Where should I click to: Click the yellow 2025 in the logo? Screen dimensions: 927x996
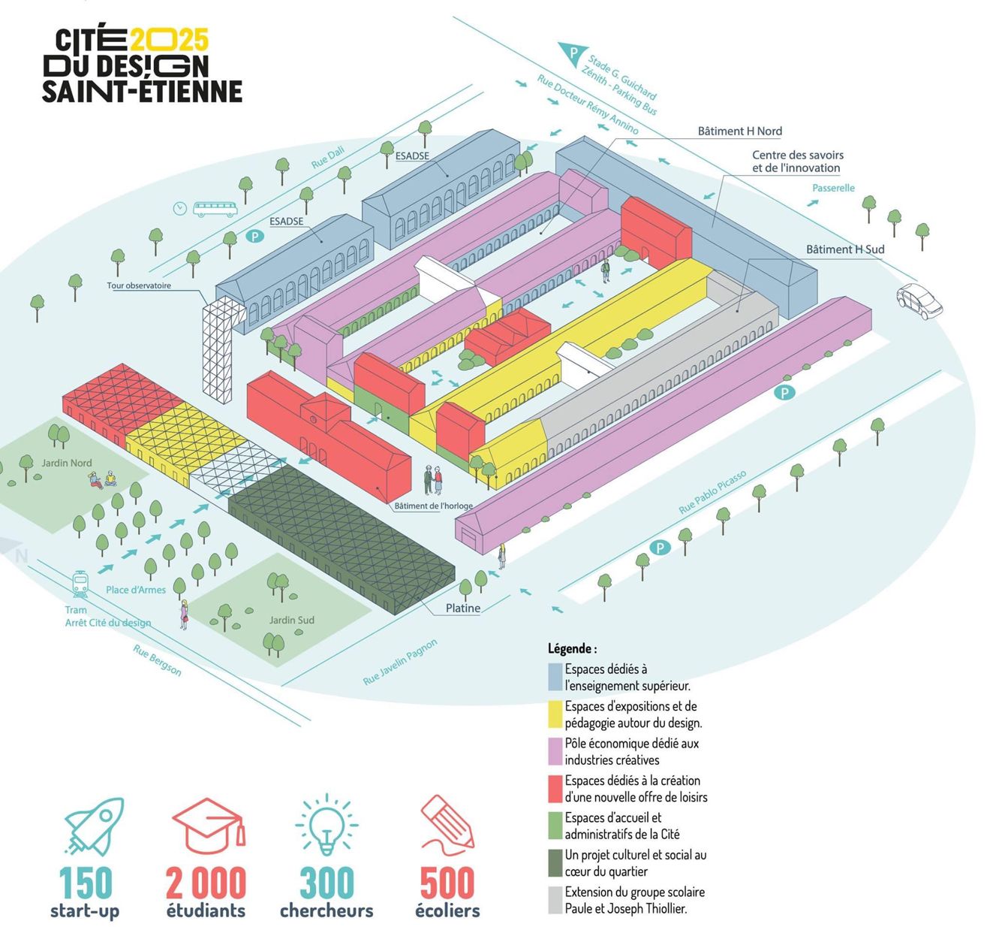pos(169,39)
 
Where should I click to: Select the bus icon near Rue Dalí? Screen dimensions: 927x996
pos(215,209)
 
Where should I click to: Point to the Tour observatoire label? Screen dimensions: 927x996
pos(139,285)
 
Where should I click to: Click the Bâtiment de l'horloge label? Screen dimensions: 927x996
pos(434,506)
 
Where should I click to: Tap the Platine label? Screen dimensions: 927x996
pos(462,608)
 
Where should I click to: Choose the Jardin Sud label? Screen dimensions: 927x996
pos(292,620)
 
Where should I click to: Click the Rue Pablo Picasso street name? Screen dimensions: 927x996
pos(712,492)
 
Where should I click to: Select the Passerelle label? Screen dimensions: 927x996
pos(833,188)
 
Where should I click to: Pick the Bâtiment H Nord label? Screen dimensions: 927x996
pos(739,131)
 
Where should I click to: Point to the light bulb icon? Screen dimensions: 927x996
pos(326,825)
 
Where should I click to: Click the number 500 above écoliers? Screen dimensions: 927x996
pos(447,883)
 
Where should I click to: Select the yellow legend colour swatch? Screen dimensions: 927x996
pos(555,714)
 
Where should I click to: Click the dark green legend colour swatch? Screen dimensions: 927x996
pos(555,863)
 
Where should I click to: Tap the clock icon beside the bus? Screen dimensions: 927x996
pos(180,208)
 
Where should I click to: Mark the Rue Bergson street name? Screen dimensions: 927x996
pos(158,660)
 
